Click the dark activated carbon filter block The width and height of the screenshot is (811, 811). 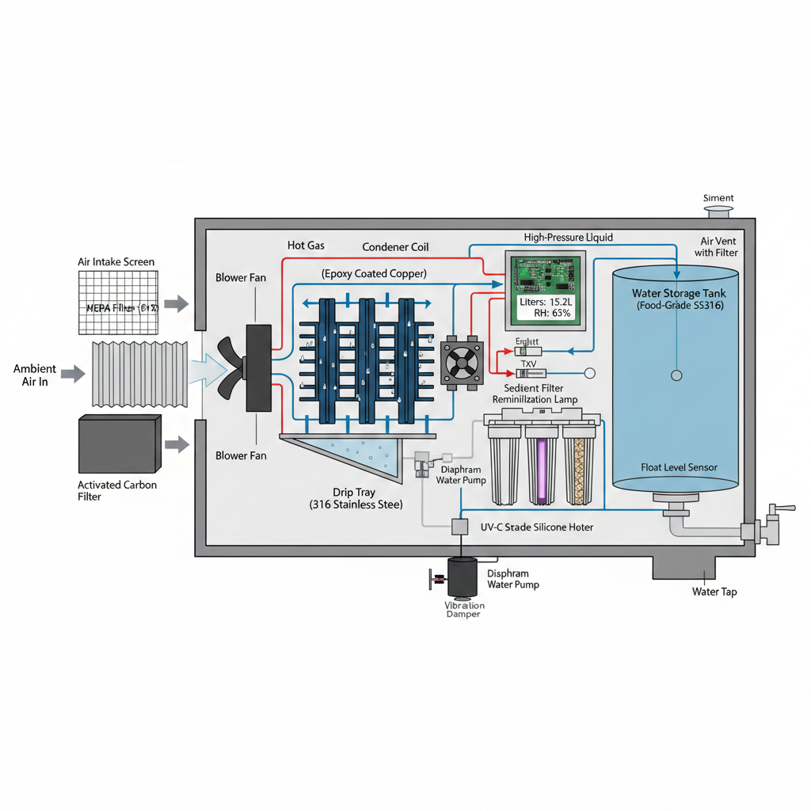click(116, 444)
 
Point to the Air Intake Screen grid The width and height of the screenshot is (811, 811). click(118, 302)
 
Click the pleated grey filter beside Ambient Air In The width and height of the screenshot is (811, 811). click(140, 375)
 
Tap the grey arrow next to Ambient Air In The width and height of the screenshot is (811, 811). click(73, 373)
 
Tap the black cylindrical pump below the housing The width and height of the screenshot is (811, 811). click(462, 577)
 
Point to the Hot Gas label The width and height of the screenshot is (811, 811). click(306, 246)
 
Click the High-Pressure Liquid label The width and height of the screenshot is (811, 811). click(568, 238)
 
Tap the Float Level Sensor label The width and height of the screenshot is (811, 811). click(679, 467)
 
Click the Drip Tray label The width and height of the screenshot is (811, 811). click(354, 492)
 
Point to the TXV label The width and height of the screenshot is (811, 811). click(527, 364)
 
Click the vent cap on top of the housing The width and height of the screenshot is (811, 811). click(718, 211)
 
